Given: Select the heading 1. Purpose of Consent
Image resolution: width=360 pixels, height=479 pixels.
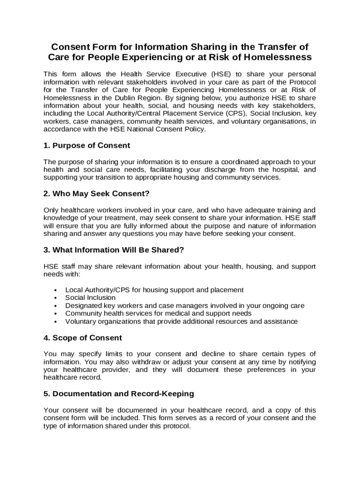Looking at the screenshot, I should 86,145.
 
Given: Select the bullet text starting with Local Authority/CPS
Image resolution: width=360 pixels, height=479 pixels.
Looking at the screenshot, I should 154,290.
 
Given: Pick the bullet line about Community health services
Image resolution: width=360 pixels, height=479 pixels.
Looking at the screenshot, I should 158,313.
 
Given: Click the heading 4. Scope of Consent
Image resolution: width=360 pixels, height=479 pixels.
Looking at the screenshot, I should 83,338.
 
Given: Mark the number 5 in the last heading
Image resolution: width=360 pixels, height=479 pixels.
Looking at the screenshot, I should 46,394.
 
